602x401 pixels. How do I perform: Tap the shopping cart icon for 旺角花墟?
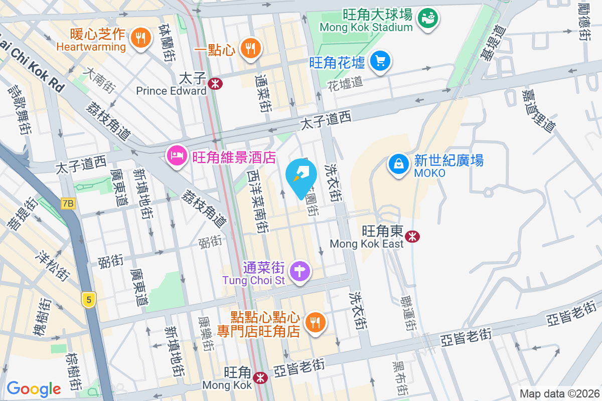click(380, 61)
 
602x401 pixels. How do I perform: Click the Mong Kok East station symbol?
click(413, 236)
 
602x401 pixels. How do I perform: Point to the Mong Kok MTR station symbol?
click(260, 377)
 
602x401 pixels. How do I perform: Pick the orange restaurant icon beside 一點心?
click(250, 48)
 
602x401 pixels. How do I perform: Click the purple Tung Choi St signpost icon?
click(300, 271)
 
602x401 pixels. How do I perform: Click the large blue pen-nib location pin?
click(301, 177)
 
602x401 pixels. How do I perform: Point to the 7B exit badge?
click(68, 204)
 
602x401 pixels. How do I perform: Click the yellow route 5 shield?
click(88, 300)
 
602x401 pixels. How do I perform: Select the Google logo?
click(34, 389)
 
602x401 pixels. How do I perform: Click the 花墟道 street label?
click(345, 83)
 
